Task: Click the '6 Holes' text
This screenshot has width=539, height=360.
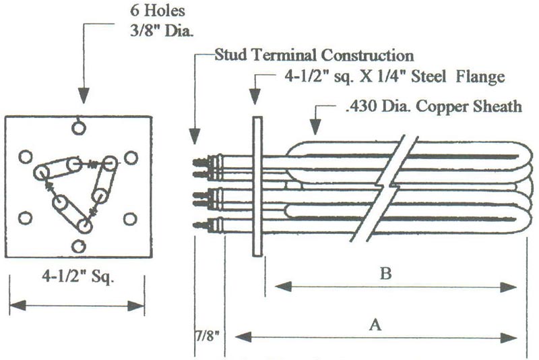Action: pos(158,11)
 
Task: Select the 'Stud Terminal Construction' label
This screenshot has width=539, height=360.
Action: pos(314,55)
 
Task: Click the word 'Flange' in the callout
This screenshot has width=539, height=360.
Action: pos(480,77)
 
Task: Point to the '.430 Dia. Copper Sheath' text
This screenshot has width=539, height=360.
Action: pos(434,107)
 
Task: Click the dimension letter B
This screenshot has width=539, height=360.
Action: pos(385,273)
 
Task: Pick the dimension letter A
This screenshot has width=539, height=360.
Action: pos(375,324)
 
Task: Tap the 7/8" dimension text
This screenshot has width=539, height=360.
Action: pos(208,336)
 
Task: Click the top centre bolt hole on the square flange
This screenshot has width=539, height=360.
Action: pos(79,128)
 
